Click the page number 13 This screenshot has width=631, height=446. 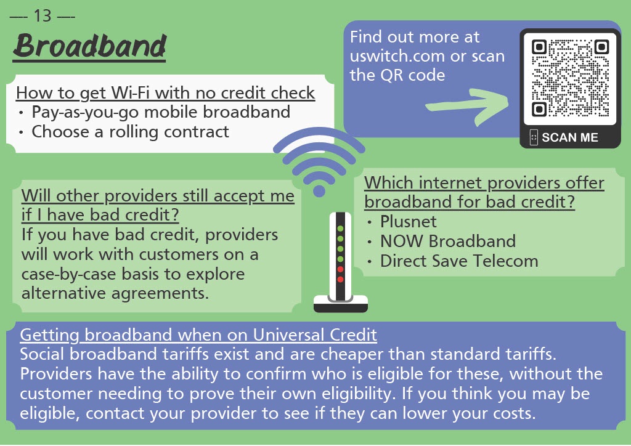click(x=43, y=15)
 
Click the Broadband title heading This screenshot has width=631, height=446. click(x=89, y=47)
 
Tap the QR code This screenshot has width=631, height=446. click(x=570, y=78)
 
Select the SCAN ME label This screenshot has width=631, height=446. click(x=569, y=137)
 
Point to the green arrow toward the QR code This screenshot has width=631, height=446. click(x=467, y=106)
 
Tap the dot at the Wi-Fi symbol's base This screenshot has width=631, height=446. click(x=319, y=190)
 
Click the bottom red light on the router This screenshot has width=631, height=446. click(x=340, y=279)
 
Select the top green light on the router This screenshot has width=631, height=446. click(x=340, y=229)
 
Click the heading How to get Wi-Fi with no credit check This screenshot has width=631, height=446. click(x=165, y=93)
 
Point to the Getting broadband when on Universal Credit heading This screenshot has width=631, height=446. click(x=198, y=334)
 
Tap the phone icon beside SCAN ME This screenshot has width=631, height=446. click(x=534, y=137)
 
